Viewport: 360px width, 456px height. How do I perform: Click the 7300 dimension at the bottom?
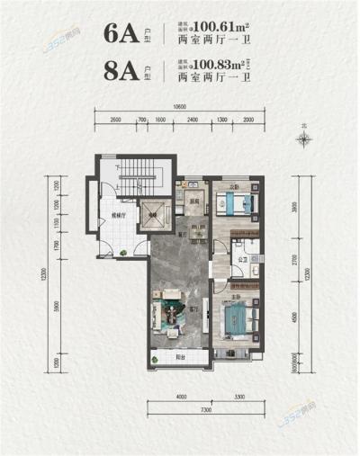206,408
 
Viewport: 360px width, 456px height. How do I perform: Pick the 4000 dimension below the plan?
180,396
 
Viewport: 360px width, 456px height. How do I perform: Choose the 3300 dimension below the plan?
238,396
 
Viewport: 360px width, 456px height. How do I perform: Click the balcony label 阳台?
180,357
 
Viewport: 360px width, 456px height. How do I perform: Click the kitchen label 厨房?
192,200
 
